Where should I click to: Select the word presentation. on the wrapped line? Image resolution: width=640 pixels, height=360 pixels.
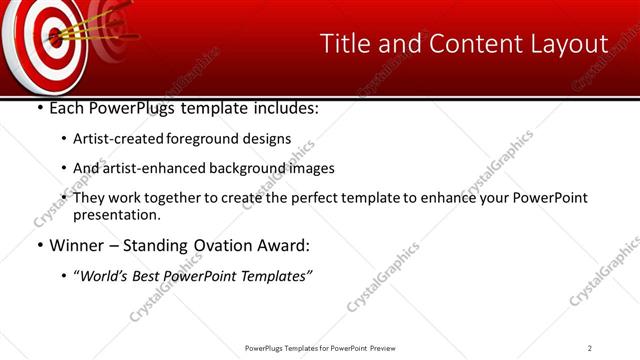point(117,215)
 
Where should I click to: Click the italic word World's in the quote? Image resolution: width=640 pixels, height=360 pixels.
point(105,276)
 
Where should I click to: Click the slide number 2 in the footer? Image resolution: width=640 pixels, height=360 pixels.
point(590,348)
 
